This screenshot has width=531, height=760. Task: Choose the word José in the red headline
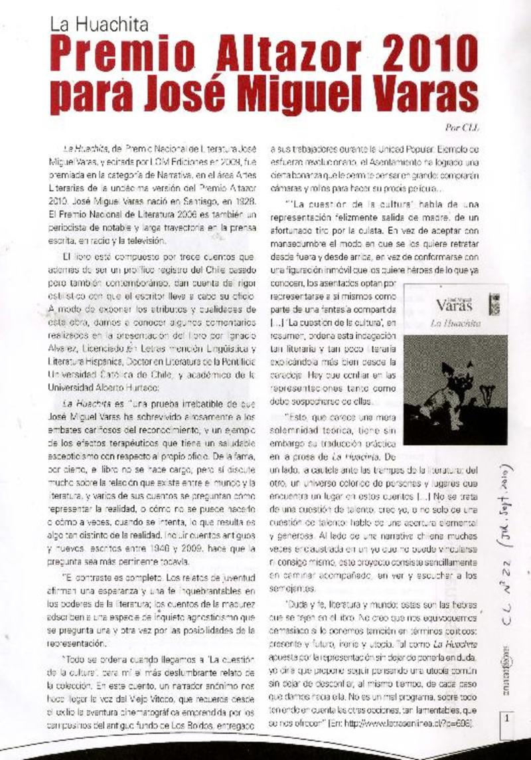[203, 96]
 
